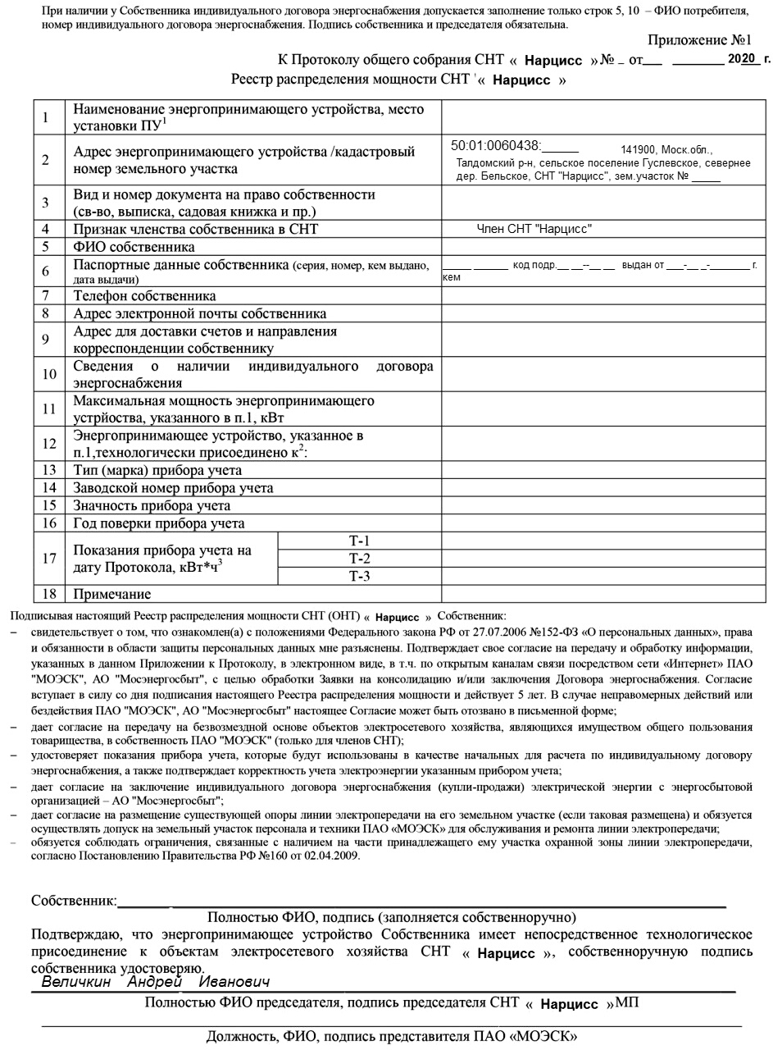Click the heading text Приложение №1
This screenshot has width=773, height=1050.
(699, 40)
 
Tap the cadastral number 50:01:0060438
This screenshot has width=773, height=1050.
(495, 146)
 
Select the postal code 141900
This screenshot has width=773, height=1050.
(638, 150)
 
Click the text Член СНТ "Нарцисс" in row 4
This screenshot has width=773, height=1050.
(534, 230)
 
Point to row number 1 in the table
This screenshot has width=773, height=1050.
(47, 117)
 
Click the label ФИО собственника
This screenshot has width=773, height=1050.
(134, 247)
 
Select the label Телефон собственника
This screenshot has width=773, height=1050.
(144, 296)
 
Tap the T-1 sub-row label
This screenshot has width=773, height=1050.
(359, 541)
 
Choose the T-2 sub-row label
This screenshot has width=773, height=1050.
(359, 559)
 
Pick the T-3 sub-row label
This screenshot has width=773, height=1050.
(359, 576)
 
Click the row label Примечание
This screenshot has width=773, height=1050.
(112, 594)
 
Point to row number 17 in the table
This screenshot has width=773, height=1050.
(49, 559)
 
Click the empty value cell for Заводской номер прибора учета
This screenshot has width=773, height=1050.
(602, 488)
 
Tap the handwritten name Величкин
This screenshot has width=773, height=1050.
(76, 982)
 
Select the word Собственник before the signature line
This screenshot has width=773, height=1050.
(72, 901)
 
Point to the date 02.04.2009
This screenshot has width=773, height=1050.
(332, 856)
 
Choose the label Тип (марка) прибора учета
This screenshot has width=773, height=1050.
(157, 471)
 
